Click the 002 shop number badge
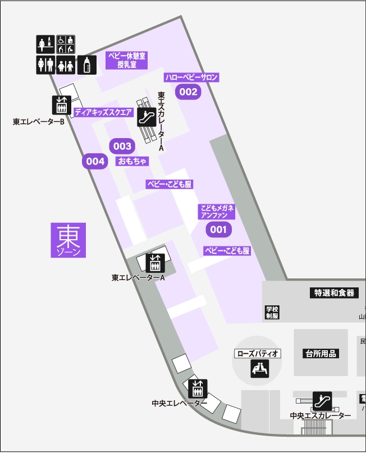(x=189, y=92)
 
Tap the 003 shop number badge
(x=122, y=147)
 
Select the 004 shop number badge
(x=95, y=162)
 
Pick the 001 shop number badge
(x=218, y=229)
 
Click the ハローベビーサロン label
(x=191, y=77)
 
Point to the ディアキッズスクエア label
(x=103, y=112)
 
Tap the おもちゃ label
(x=132, y=162)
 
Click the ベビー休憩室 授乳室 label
(x=127, y=60)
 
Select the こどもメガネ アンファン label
(x=218, y=212)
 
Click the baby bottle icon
(x=86, y=65)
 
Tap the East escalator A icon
(x=146, y=117)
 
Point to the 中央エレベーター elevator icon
(x=198, y=388)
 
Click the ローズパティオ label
(x=258, y=354)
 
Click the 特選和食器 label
(x=333, y=292)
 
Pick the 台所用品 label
(x=321, y=353)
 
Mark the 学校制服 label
(x=272, y=312)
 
